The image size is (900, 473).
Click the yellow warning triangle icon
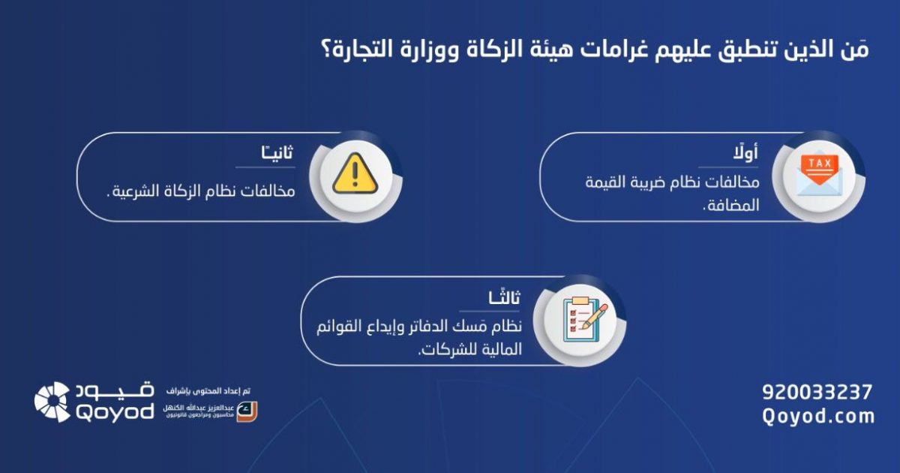point(355,173)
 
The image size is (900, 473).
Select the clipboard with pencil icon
point(586,320)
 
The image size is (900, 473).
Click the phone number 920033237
point(817,392)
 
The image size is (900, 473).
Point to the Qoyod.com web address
point(818,416)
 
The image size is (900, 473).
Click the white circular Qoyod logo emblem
point(52,402)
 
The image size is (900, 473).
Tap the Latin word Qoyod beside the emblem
point(115,412)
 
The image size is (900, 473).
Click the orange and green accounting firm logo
point(247,411)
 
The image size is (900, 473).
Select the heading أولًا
point(745,152)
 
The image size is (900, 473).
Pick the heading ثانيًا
point(277,152)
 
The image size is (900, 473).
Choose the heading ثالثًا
point(504,297)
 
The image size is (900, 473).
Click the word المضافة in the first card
point(730,206)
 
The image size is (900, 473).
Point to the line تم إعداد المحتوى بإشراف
point(208,390)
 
